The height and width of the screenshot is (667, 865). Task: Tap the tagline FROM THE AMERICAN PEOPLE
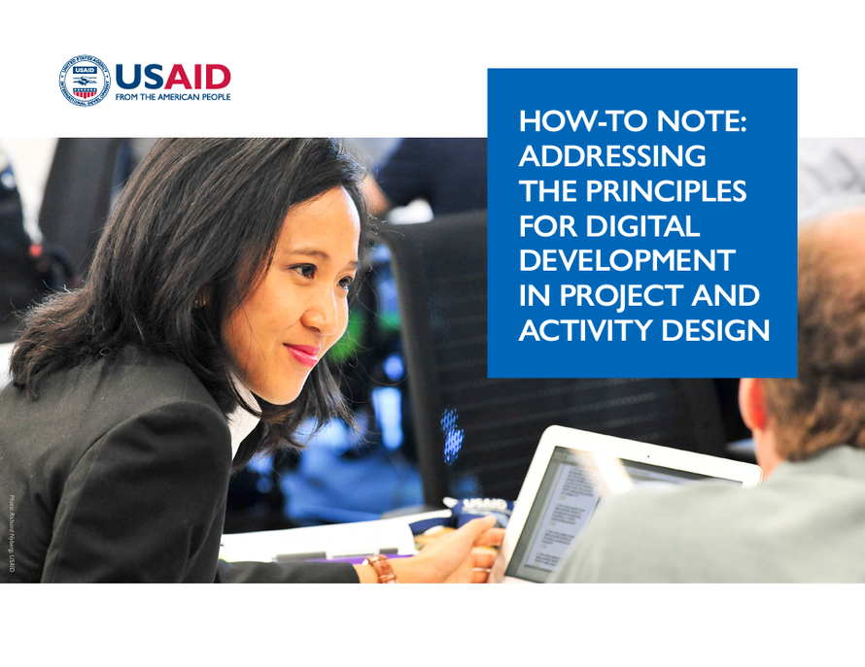(173, 98)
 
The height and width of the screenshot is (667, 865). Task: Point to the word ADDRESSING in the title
(612, 156)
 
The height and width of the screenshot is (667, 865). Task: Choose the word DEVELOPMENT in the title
(627, 261)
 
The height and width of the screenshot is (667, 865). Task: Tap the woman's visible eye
(305, 269)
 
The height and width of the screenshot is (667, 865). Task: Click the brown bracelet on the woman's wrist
(381, 568)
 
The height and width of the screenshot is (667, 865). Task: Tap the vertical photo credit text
(13, 532)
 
